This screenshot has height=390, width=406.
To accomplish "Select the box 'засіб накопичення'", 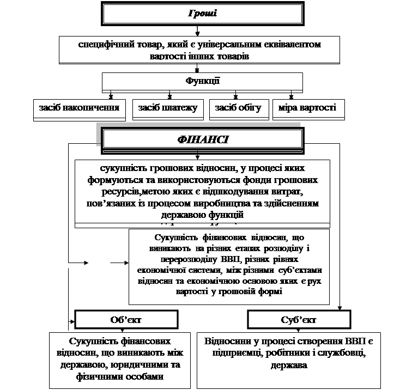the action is [x=79, y=108].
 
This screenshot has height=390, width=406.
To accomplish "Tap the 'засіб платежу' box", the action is [x=168, y=108].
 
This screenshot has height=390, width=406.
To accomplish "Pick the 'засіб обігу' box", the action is [x=239, y=108].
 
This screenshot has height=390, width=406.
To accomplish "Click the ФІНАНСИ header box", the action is [x=203, y=139].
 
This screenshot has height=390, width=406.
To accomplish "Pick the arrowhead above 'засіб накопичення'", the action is [x=112, y=96].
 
